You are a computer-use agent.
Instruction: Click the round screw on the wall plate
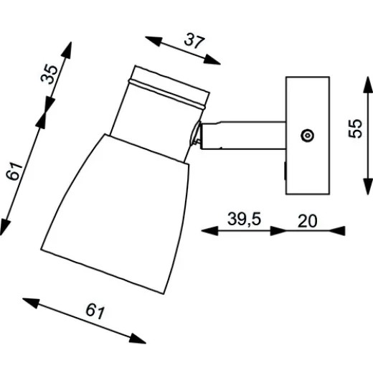pyautogui.click(x=307, y=135)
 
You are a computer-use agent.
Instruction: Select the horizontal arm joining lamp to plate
pyautogui.click(x=244, y=136)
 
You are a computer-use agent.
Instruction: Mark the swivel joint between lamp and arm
pyautogui.click(x=197, y=137)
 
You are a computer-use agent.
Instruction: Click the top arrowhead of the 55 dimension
pyautogui.click(x=364, y=80)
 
